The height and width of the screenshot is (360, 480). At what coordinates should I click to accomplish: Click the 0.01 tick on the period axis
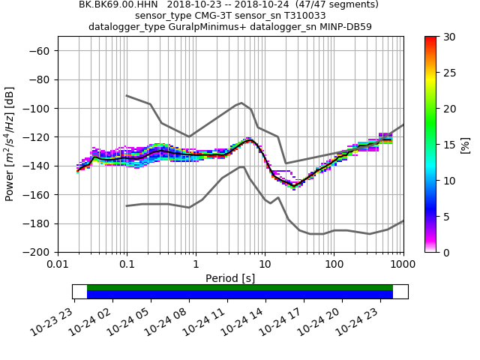click(x=58, y=265)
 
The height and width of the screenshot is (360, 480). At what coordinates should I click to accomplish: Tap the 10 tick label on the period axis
click(x=265, y=265)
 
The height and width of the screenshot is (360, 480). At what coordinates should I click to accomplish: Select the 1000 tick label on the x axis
click(x=403, y=265)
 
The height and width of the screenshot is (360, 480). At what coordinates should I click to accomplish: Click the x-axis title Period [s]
click(x=230, y=278)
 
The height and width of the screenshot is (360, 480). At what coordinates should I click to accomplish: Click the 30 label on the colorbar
click(x=449, y=37)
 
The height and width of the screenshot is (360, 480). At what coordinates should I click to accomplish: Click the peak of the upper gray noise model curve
click(x=241, y=103)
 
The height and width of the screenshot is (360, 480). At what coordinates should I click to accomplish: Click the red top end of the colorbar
click(x=430, y=39)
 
